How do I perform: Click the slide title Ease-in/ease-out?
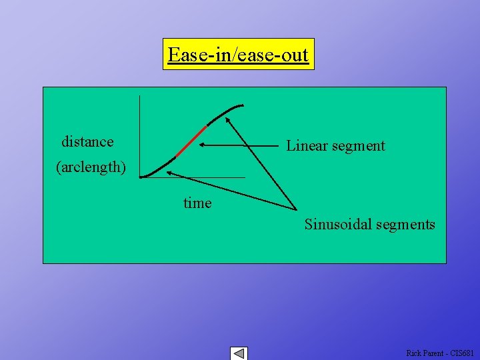pos(238,54)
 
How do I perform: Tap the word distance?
pos(87,141)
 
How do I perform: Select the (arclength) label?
pos(90,167)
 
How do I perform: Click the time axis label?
pos(197,203)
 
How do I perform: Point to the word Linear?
pos(309,145)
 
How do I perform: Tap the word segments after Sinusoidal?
pos(405,224)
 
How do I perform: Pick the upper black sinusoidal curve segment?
pos(225,111)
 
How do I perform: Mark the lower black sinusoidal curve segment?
pos(159,167)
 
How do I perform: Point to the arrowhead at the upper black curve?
pos(227,121)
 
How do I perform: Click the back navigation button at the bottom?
pos(238,353)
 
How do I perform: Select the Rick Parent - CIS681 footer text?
pos(440,353)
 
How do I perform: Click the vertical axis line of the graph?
pos(139,133)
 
